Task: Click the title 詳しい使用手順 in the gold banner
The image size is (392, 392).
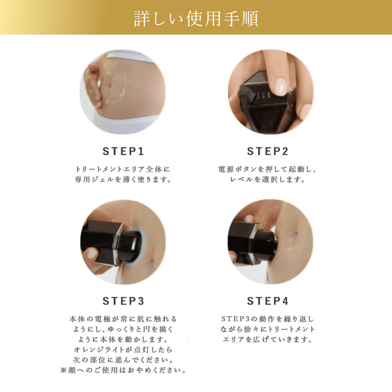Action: click(196, 18)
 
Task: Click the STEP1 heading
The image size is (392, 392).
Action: click(123, 150)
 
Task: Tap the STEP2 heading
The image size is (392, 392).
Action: click(268, 150)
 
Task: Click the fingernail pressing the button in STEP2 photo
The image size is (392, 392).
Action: click(281, 86)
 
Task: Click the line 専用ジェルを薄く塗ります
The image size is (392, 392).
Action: click(123, 179)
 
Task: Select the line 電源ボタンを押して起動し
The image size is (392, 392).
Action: click(268, 169)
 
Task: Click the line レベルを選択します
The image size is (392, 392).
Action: click(268, 179)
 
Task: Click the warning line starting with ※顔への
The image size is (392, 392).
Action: click(123, 370)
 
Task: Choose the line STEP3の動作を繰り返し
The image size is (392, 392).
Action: click(268, 318)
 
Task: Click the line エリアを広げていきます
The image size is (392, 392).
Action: click(268, 339)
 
